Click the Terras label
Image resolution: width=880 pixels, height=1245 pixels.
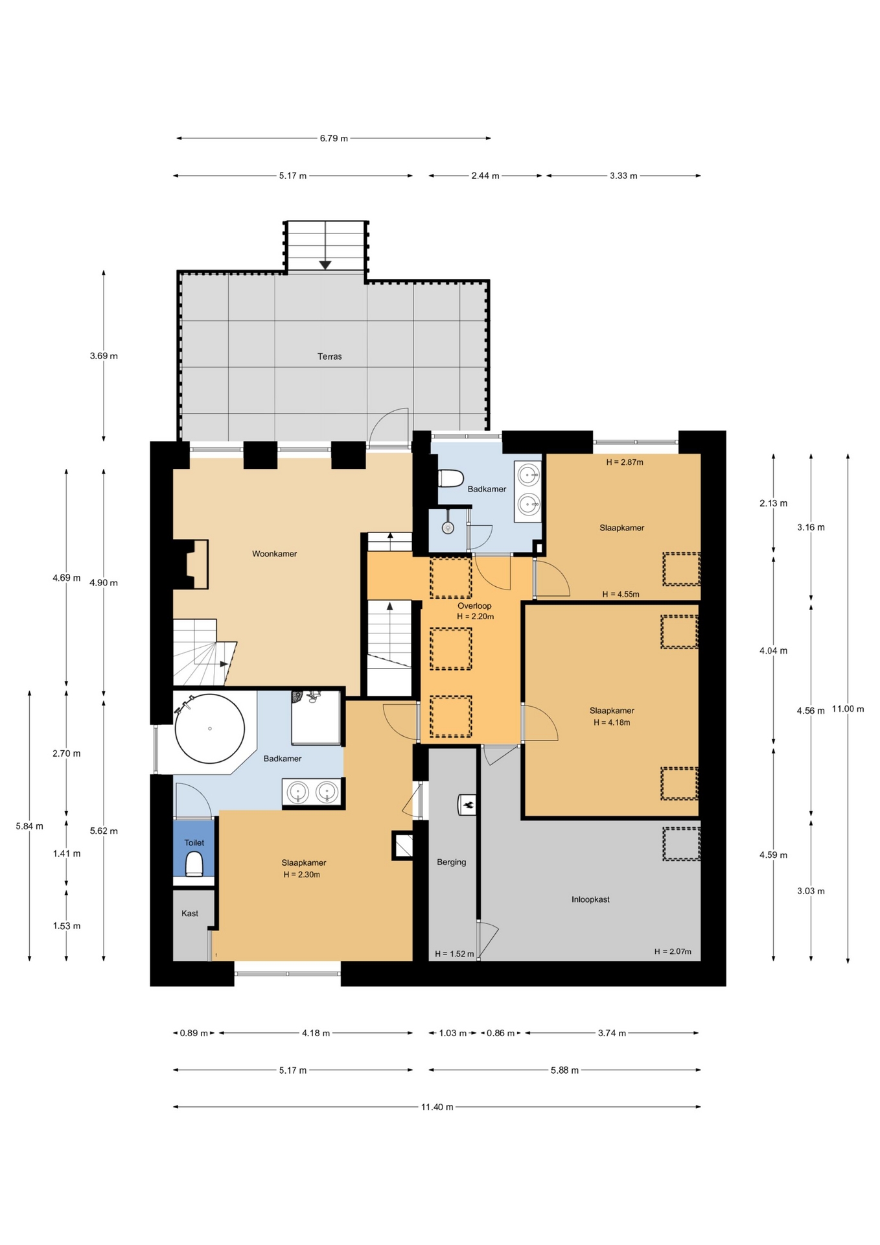329,356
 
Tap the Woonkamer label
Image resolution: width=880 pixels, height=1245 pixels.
274,554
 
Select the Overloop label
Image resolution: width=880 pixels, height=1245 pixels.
474,606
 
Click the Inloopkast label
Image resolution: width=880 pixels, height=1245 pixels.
590,899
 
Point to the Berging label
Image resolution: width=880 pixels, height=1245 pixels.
451,862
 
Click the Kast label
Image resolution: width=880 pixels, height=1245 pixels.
190,913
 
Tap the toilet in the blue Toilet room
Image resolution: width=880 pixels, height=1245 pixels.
194,864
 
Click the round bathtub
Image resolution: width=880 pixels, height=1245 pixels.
209,728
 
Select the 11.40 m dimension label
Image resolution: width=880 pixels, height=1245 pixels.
437,1107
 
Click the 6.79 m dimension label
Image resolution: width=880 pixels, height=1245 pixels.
334,138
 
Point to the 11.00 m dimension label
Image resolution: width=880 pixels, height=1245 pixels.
848,709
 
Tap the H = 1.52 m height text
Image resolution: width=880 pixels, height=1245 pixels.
454,954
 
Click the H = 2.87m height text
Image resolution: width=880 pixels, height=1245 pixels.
625,462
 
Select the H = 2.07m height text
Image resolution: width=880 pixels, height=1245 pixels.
673,951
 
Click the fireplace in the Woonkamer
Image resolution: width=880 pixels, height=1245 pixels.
190,564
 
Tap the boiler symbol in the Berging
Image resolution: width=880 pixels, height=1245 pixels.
467,805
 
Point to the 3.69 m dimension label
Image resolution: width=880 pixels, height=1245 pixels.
104,355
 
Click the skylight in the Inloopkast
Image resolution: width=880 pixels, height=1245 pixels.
681,844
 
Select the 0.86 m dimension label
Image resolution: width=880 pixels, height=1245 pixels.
500,1033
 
